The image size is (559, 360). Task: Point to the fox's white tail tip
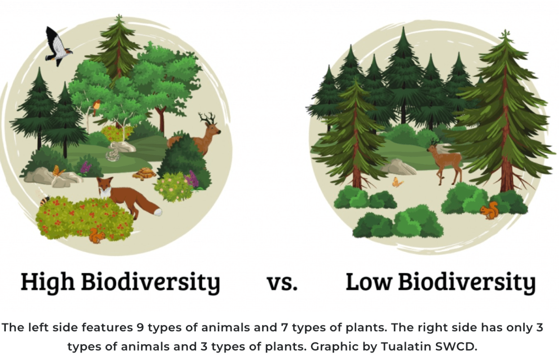[x=158, y=212]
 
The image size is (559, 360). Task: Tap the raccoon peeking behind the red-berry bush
[x=45, y=200]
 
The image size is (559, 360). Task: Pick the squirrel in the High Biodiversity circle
[x=97, y=236]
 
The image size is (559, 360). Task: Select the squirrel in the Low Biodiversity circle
[x=489, y=211]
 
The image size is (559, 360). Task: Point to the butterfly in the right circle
[x=397, y=182]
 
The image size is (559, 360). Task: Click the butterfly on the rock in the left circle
[x=58, y=171]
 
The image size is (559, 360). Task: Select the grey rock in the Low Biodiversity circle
[x=398, y=167]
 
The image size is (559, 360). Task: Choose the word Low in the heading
[x=368, y=282]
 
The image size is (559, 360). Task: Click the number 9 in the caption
[x=140, y=328]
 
